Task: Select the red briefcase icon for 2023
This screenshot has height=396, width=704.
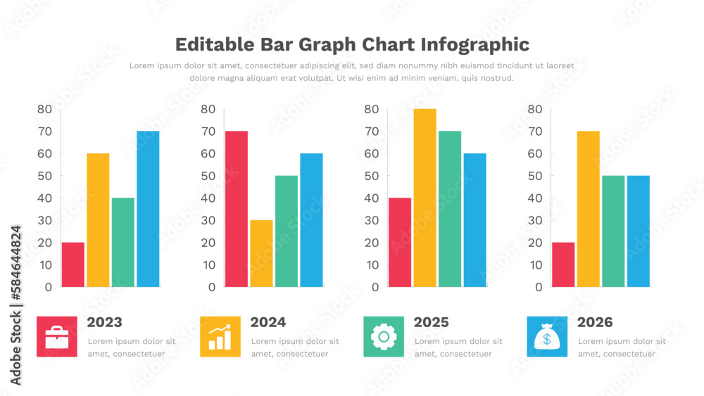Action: point(57,337)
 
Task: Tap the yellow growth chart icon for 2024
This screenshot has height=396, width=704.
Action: point(220,337)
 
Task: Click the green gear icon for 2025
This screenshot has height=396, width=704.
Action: point(384,337)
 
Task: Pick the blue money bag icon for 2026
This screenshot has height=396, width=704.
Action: point(547,337)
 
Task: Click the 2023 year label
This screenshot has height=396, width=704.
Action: point(104,323)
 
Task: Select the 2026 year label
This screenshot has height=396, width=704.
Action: point(595,323)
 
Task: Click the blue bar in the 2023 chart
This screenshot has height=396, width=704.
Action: point(148,209)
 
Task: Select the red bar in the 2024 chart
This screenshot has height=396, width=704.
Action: point(237,209)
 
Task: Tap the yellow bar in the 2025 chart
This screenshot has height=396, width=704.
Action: point(425,198)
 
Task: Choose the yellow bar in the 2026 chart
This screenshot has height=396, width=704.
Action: point(588,209)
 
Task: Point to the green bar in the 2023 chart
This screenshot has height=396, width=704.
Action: point(122,242)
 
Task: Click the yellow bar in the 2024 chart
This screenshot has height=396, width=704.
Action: point(261,253)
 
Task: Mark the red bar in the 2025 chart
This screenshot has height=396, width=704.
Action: point(400,242)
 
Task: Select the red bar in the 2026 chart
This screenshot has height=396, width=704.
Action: point(563,264)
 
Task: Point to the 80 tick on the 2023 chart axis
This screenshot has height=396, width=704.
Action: point(44,109)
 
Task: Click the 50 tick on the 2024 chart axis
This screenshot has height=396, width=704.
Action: point(208,176)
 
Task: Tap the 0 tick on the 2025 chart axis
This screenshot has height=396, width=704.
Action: point(375,287)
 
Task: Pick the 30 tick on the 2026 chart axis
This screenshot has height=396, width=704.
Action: point(535,220)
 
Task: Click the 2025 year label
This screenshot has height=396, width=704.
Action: point(431,323)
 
